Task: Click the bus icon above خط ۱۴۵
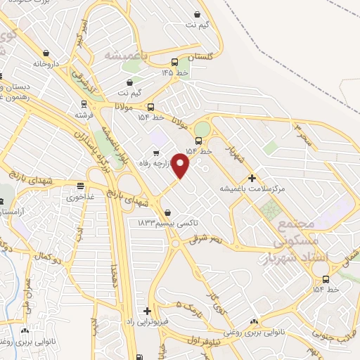click(174, 61)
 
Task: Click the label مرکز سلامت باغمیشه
click(252, 189)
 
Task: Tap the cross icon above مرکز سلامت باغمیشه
click(252, 178)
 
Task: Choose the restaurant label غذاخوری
click(80, 198)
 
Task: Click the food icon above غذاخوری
click(80, 187)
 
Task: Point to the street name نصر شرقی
click(205, 240)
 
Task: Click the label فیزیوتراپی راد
click(146, 322)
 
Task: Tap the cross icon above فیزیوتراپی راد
click(147, 311)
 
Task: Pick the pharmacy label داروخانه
click(46, 63)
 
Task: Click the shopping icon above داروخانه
click(46, 53)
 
